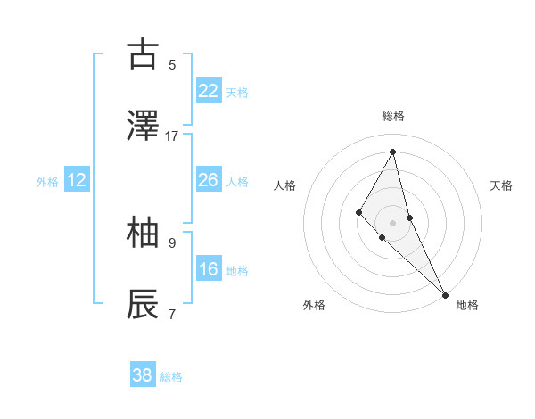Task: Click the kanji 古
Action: (x=143, y=55)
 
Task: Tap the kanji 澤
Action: (x=143, y=127)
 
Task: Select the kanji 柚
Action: (x=143, y=234)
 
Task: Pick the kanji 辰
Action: (x=143, y=305)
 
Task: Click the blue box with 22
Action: (x=209, y=91)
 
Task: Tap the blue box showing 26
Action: (x=209, y=180)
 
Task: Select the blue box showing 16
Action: (x=209, y=269)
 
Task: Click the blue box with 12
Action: (x=77, y=180)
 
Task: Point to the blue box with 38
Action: (x=143, y=375)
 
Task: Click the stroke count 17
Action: (x=172, y=136)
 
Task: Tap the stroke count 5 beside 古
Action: (x=172, y=65)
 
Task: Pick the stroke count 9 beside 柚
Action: (x=172, y=242)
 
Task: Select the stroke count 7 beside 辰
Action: (x=172, y=314)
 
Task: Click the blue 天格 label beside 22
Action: (x=237, y=92)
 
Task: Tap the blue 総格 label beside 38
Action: (x=171, y=376)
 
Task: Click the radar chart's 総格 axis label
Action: (x=393, y=116)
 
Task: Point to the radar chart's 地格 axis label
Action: (x=467, y=305)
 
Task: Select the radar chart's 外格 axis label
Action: (x=314, y=305)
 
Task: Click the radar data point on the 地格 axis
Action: (x=444, y=293)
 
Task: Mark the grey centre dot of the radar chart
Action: (x=392, y=222)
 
